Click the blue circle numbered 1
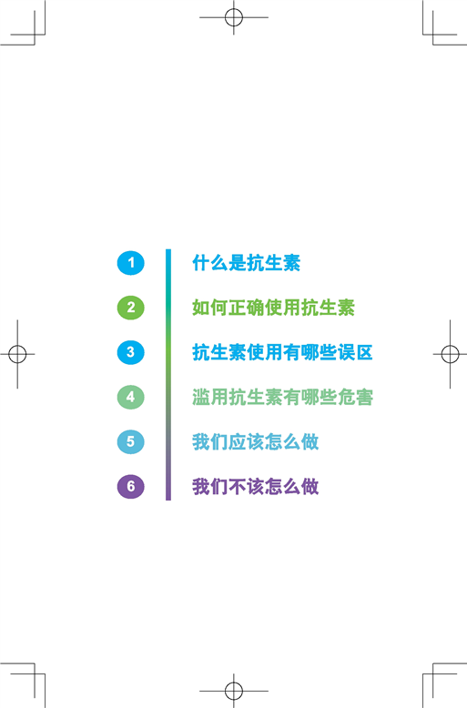(x=130, y=263)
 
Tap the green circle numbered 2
(x=130, y=308)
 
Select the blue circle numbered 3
(x=130, y=352)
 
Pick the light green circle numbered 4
(x=130, y=397)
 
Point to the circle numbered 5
(x=130, y=441)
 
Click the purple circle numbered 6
(x=130, y=486)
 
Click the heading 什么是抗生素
(x=247, y=263)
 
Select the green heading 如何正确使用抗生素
(x=274, y=308)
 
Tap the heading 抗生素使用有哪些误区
(x=283, y=352)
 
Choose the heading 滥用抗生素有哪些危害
(x=283, y=397)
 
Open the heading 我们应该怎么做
(x=256, y=441)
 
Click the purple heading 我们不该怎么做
(x=256, y=486)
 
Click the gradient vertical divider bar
(x=168, y=374)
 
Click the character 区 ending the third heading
(x=364, y=352)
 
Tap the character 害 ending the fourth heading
(x=364, y=397)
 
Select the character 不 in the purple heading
(x=237, y=486)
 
